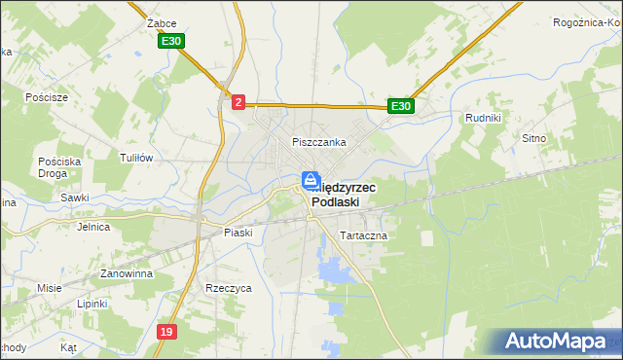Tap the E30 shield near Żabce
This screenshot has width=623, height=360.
(x=171, y=41)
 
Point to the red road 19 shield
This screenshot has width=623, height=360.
(x=167, y=332)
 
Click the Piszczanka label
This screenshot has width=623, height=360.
(x=319, y=142)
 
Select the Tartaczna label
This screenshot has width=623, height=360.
(x=363, y=236)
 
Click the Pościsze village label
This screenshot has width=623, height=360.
(x=47, y=97)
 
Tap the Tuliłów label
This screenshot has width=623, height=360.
(x=136, y=157)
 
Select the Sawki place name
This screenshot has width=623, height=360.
(x=74, y=198)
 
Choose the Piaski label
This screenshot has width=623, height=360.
(x=238, y=233)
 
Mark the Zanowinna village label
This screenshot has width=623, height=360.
(x=122, y=274)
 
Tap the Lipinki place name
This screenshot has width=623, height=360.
(x=93, y=304)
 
